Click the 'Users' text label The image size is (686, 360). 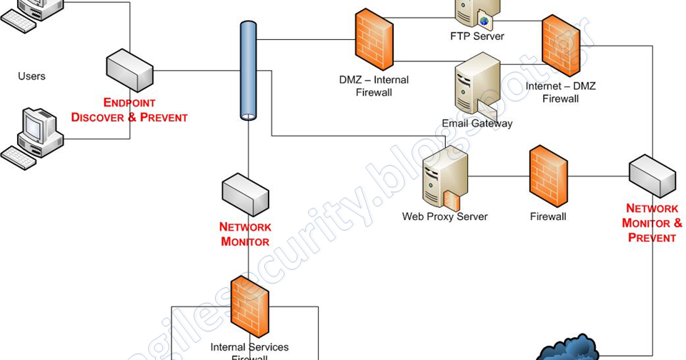[31, 76]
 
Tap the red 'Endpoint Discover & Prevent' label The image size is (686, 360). [129, 110]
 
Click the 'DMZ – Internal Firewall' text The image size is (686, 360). [374, 86]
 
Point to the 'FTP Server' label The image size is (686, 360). [477, 36]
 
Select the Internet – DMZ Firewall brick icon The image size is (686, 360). [560, 46]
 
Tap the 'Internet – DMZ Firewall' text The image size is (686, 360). [560, 92]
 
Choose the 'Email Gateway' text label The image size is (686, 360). [477, 123]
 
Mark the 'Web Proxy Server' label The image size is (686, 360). [444, 216]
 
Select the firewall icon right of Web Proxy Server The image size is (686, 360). [548, 176]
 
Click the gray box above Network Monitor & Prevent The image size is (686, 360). [652, 176]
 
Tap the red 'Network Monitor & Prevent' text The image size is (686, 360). [652, 223]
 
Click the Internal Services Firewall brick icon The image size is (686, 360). [249, 307]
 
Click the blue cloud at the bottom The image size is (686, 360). [568, 349]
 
